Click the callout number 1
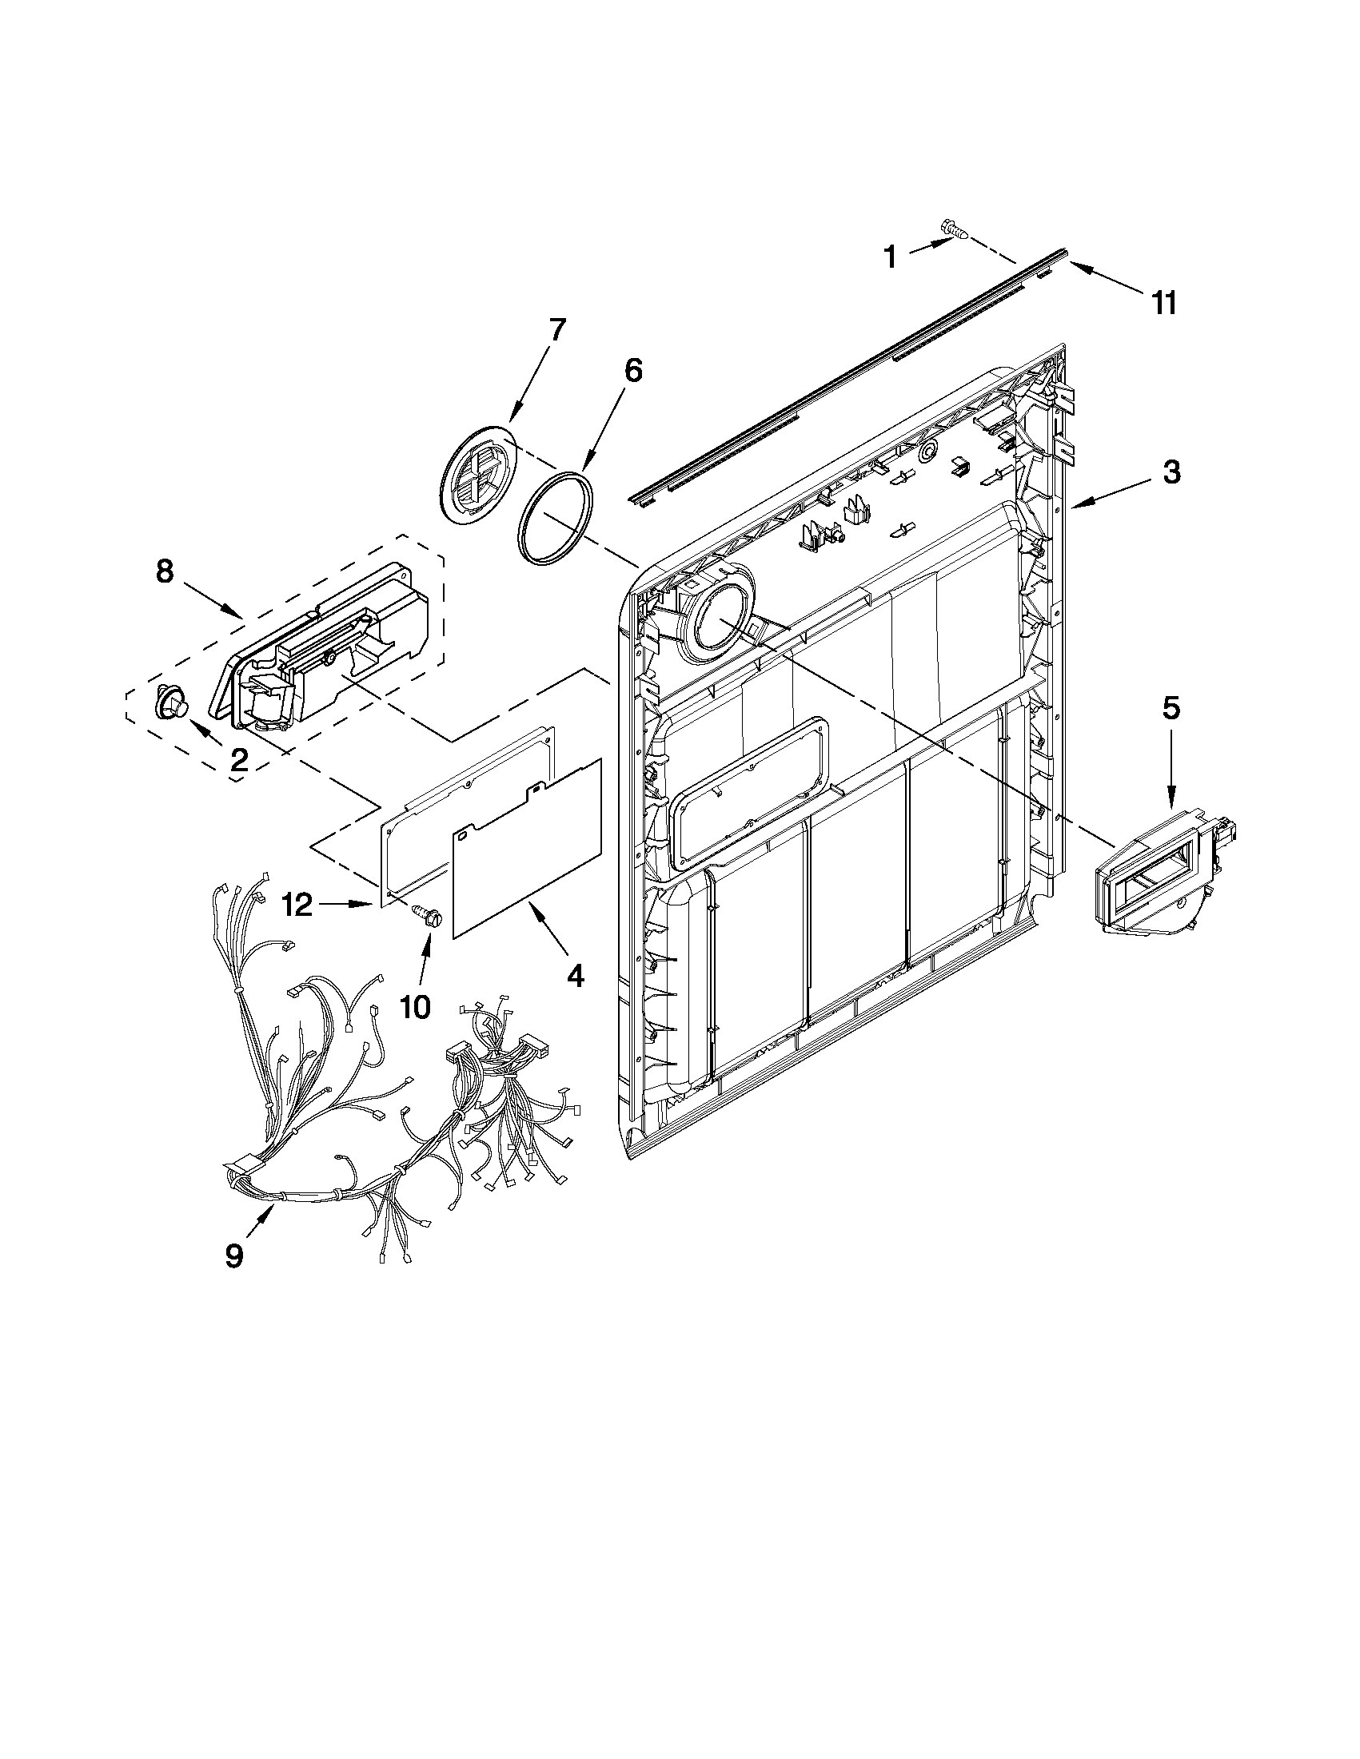click(x=890, y=257)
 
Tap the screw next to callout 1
click(x=954, y=232)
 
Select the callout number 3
click(x=1171, y=473)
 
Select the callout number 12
click(x=297, y=905)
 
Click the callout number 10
click(x=415, y=1007)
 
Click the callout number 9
click(x=234, y=1256)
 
